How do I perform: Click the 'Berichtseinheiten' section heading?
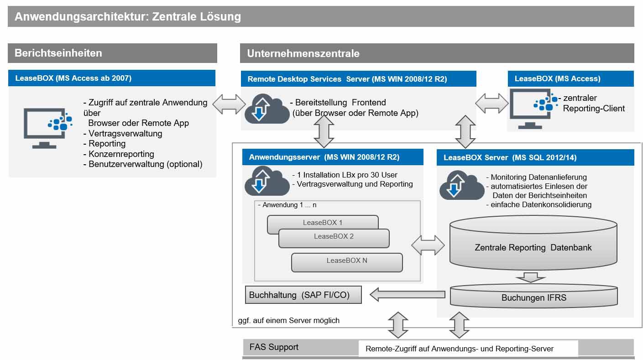(58, 53)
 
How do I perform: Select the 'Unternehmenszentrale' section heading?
(303, 53)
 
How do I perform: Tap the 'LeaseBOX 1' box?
(322, 223)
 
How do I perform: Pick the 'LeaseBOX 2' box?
(334, 237)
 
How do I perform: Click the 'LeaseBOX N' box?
(347, 261)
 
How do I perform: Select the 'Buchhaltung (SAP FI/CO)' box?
(303, 295)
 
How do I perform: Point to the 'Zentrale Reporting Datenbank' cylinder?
(533, 247)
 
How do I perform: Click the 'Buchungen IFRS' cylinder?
(533, 298)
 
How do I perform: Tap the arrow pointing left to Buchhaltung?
(407, 295)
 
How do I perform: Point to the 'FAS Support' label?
(274, 347)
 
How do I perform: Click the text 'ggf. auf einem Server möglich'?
(289, 320)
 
